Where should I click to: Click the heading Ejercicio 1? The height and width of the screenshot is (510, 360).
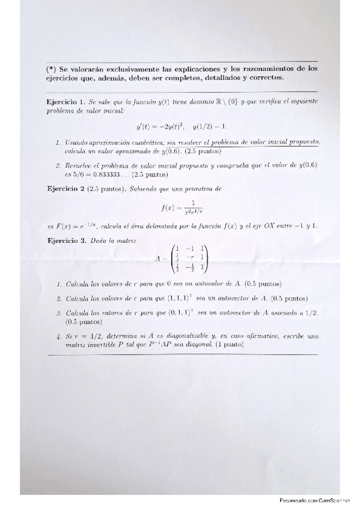(x=67, y=102)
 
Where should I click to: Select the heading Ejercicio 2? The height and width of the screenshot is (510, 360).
(x=66, y=189)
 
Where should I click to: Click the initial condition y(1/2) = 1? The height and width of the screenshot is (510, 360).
(x=210, y=126)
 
